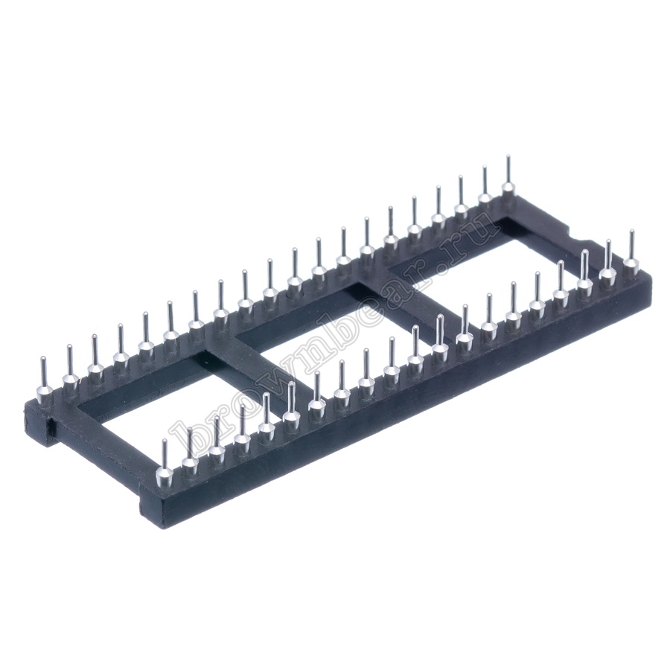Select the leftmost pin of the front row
tap(164, 467)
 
